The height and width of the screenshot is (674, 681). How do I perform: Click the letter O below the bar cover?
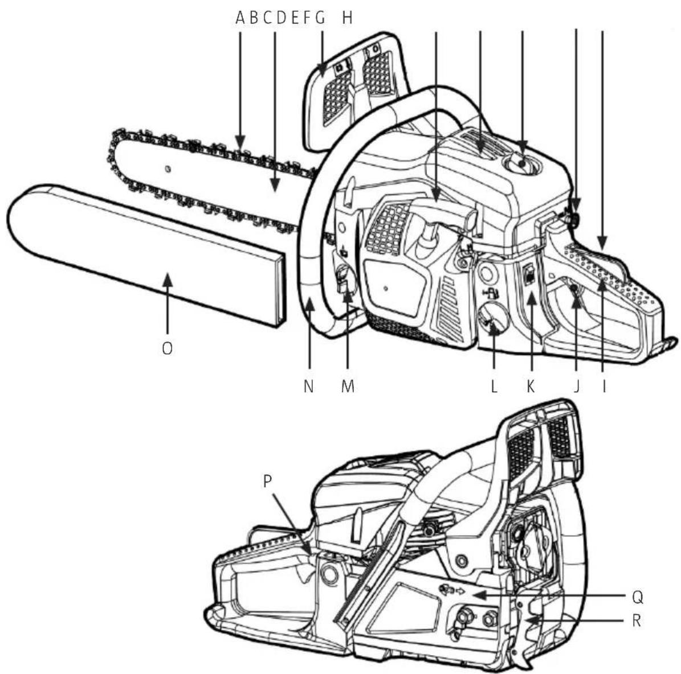[x=167, y=348]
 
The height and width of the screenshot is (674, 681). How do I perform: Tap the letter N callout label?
[x=308, y=385]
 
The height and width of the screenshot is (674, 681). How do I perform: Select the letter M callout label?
[x=348, y=385]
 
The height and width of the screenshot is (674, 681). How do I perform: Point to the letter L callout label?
[x=494, y=385]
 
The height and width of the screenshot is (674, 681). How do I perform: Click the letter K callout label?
[x=531, y=385]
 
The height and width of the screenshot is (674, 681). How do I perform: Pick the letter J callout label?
[x=576, y=385]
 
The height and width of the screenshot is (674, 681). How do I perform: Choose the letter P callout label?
[x=267, y=480]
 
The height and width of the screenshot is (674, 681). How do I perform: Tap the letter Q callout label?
[x=637, y=597]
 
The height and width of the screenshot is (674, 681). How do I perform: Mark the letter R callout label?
[x=637, y=620]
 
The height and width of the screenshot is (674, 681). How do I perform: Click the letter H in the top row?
[x=347, y=18]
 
